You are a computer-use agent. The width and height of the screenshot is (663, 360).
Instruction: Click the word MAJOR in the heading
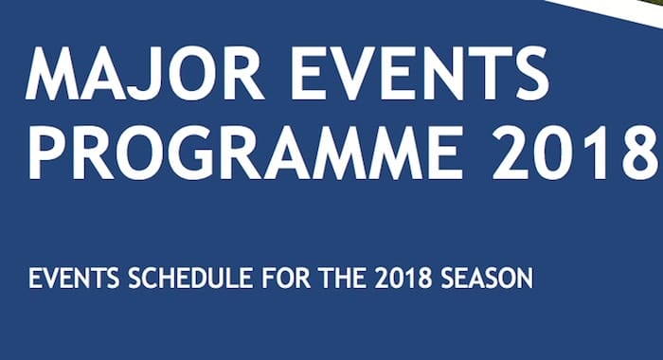click(x=145, y=72)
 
